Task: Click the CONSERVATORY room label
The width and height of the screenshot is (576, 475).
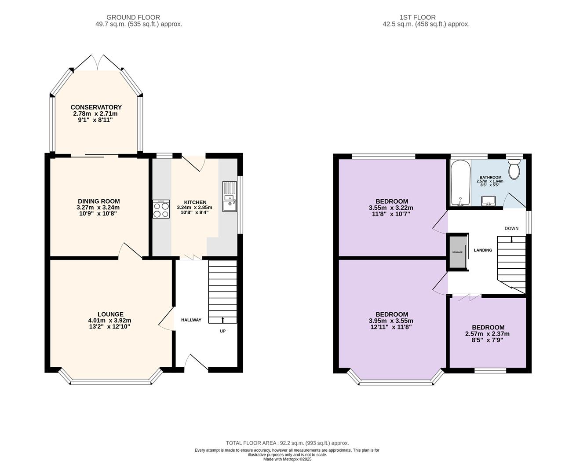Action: pos(96,107)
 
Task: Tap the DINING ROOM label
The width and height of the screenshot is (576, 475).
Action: pos(99,201)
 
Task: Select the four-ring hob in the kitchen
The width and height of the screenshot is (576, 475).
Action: pos(161,209)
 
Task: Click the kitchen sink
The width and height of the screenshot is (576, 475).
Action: pos(230,197)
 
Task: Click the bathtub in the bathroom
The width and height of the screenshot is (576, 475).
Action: pos(460,183)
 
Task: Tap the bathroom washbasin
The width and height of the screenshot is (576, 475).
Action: pos(489,201)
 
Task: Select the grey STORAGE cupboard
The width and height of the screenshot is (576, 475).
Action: pos(457,252)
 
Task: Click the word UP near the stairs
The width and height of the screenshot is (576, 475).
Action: pos(222,331)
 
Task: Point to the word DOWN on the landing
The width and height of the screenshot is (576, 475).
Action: pos(511,228)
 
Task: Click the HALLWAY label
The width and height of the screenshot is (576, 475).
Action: pos(191,320)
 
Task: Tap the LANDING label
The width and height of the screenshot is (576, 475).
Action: pos(483,250)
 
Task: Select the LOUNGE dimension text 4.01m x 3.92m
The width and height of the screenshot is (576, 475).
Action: pos(109,321)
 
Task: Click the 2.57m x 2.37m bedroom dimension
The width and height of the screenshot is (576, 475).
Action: pos(487,334)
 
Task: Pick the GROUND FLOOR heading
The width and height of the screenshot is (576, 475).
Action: pos(133,18)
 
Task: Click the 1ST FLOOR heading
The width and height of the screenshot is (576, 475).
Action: pos(418,18)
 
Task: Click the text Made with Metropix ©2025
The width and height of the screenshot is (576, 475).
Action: pos(287,459)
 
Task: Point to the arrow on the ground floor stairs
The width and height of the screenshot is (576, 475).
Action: pos(222,320)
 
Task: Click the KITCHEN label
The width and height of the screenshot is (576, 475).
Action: pos(195,202)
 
